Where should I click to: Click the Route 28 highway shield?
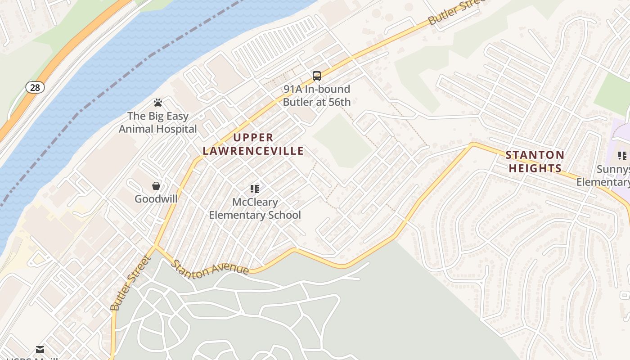click(x=35, y=87)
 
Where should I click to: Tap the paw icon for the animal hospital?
click(x=157, y=103)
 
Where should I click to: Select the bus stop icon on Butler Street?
click(x=317, y=76)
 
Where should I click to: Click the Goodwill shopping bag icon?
click(x=156, y=186)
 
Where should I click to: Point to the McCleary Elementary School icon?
click(x=255, y=189)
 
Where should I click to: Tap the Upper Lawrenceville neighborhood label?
click(x=253, y=144)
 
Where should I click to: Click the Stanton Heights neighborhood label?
click(x=535, y=162)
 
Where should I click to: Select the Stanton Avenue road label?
click(x=211, y=268)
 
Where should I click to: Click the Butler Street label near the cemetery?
click(x=130, y=283)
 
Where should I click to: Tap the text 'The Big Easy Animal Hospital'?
click(x=157, y=122)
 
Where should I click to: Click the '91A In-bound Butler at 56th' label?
click(x=316, y=95)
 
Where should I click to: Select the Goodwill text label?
click(x=156, y=199)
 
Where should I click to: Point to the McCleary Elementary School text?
click(x=255, y=209)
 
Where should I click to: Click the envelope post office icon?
click(x=40, y=350)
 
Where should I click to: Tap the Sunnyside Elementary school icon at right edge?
click(x=622, y=156)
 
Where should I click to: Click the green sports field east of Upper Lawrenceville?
click(x=343, y=140)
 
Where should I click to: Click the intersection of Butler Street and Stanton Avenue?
click(x=155, y=246)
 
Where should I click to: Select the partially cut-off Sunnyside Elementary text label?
click(x=605, y=176)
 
